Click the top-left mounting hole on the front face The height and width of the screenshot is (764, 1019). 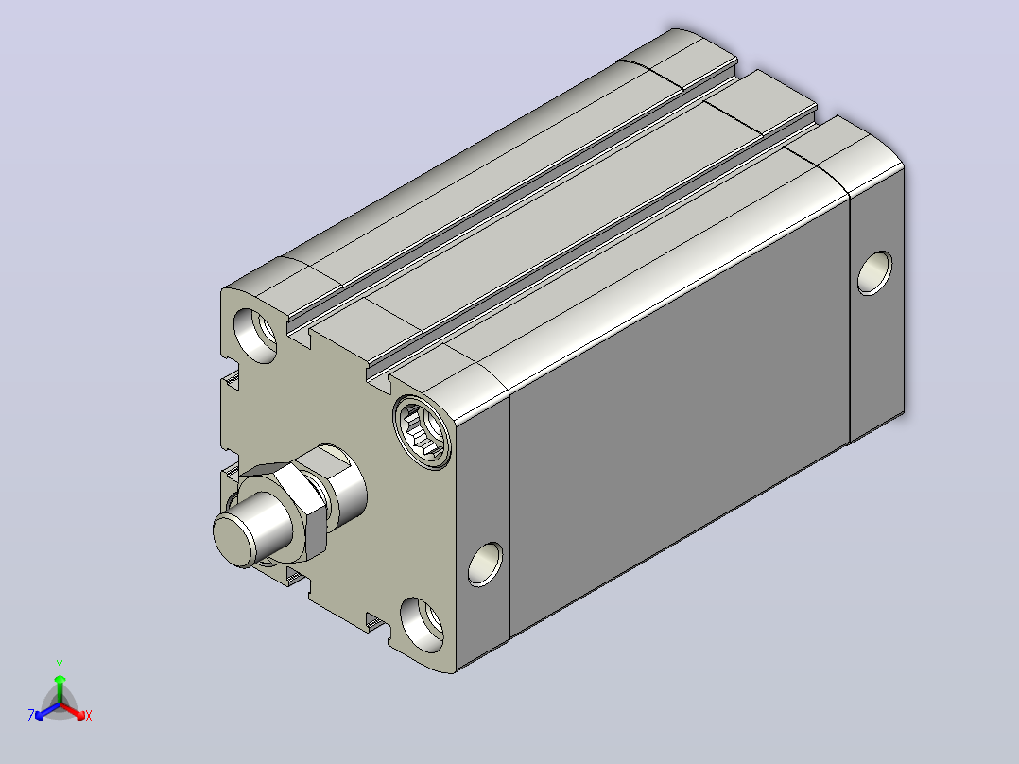[254, 335]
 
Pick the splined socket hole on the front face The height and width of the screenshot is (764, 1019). [423, 432]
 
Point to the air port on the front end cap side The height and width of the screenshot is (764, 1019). [485, 564]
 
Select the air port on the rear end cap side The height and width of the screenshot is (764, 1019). [874, 273]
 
